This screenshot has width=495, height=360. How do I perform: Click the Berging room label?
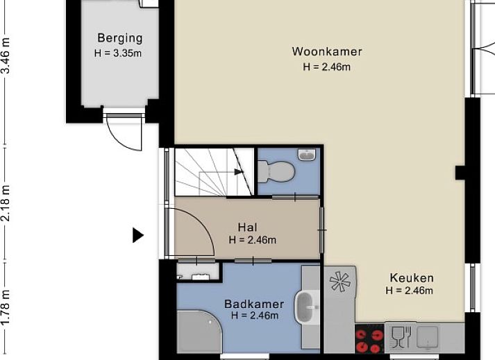pos(119,38)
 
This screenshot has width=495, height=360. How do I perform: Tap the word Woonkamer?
pos(326,51)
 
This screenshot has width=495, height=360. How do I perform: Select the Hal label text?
pos(247,227)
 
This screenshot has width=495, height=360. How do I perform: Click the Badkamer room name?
pos(253,304)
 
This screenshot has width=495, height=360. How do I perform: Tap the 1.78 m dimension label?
pos(6,309)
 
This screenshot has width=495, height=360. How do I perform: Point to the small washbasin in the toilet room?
pos(306,155)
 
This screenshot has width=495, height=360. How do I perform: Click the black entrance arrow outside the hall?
pos(137,236)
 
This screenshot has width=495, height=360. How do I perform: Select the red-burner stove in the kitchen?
pos(369,341)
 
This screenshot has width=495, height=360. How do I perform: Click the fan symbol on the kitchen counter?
pos(340,281)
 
